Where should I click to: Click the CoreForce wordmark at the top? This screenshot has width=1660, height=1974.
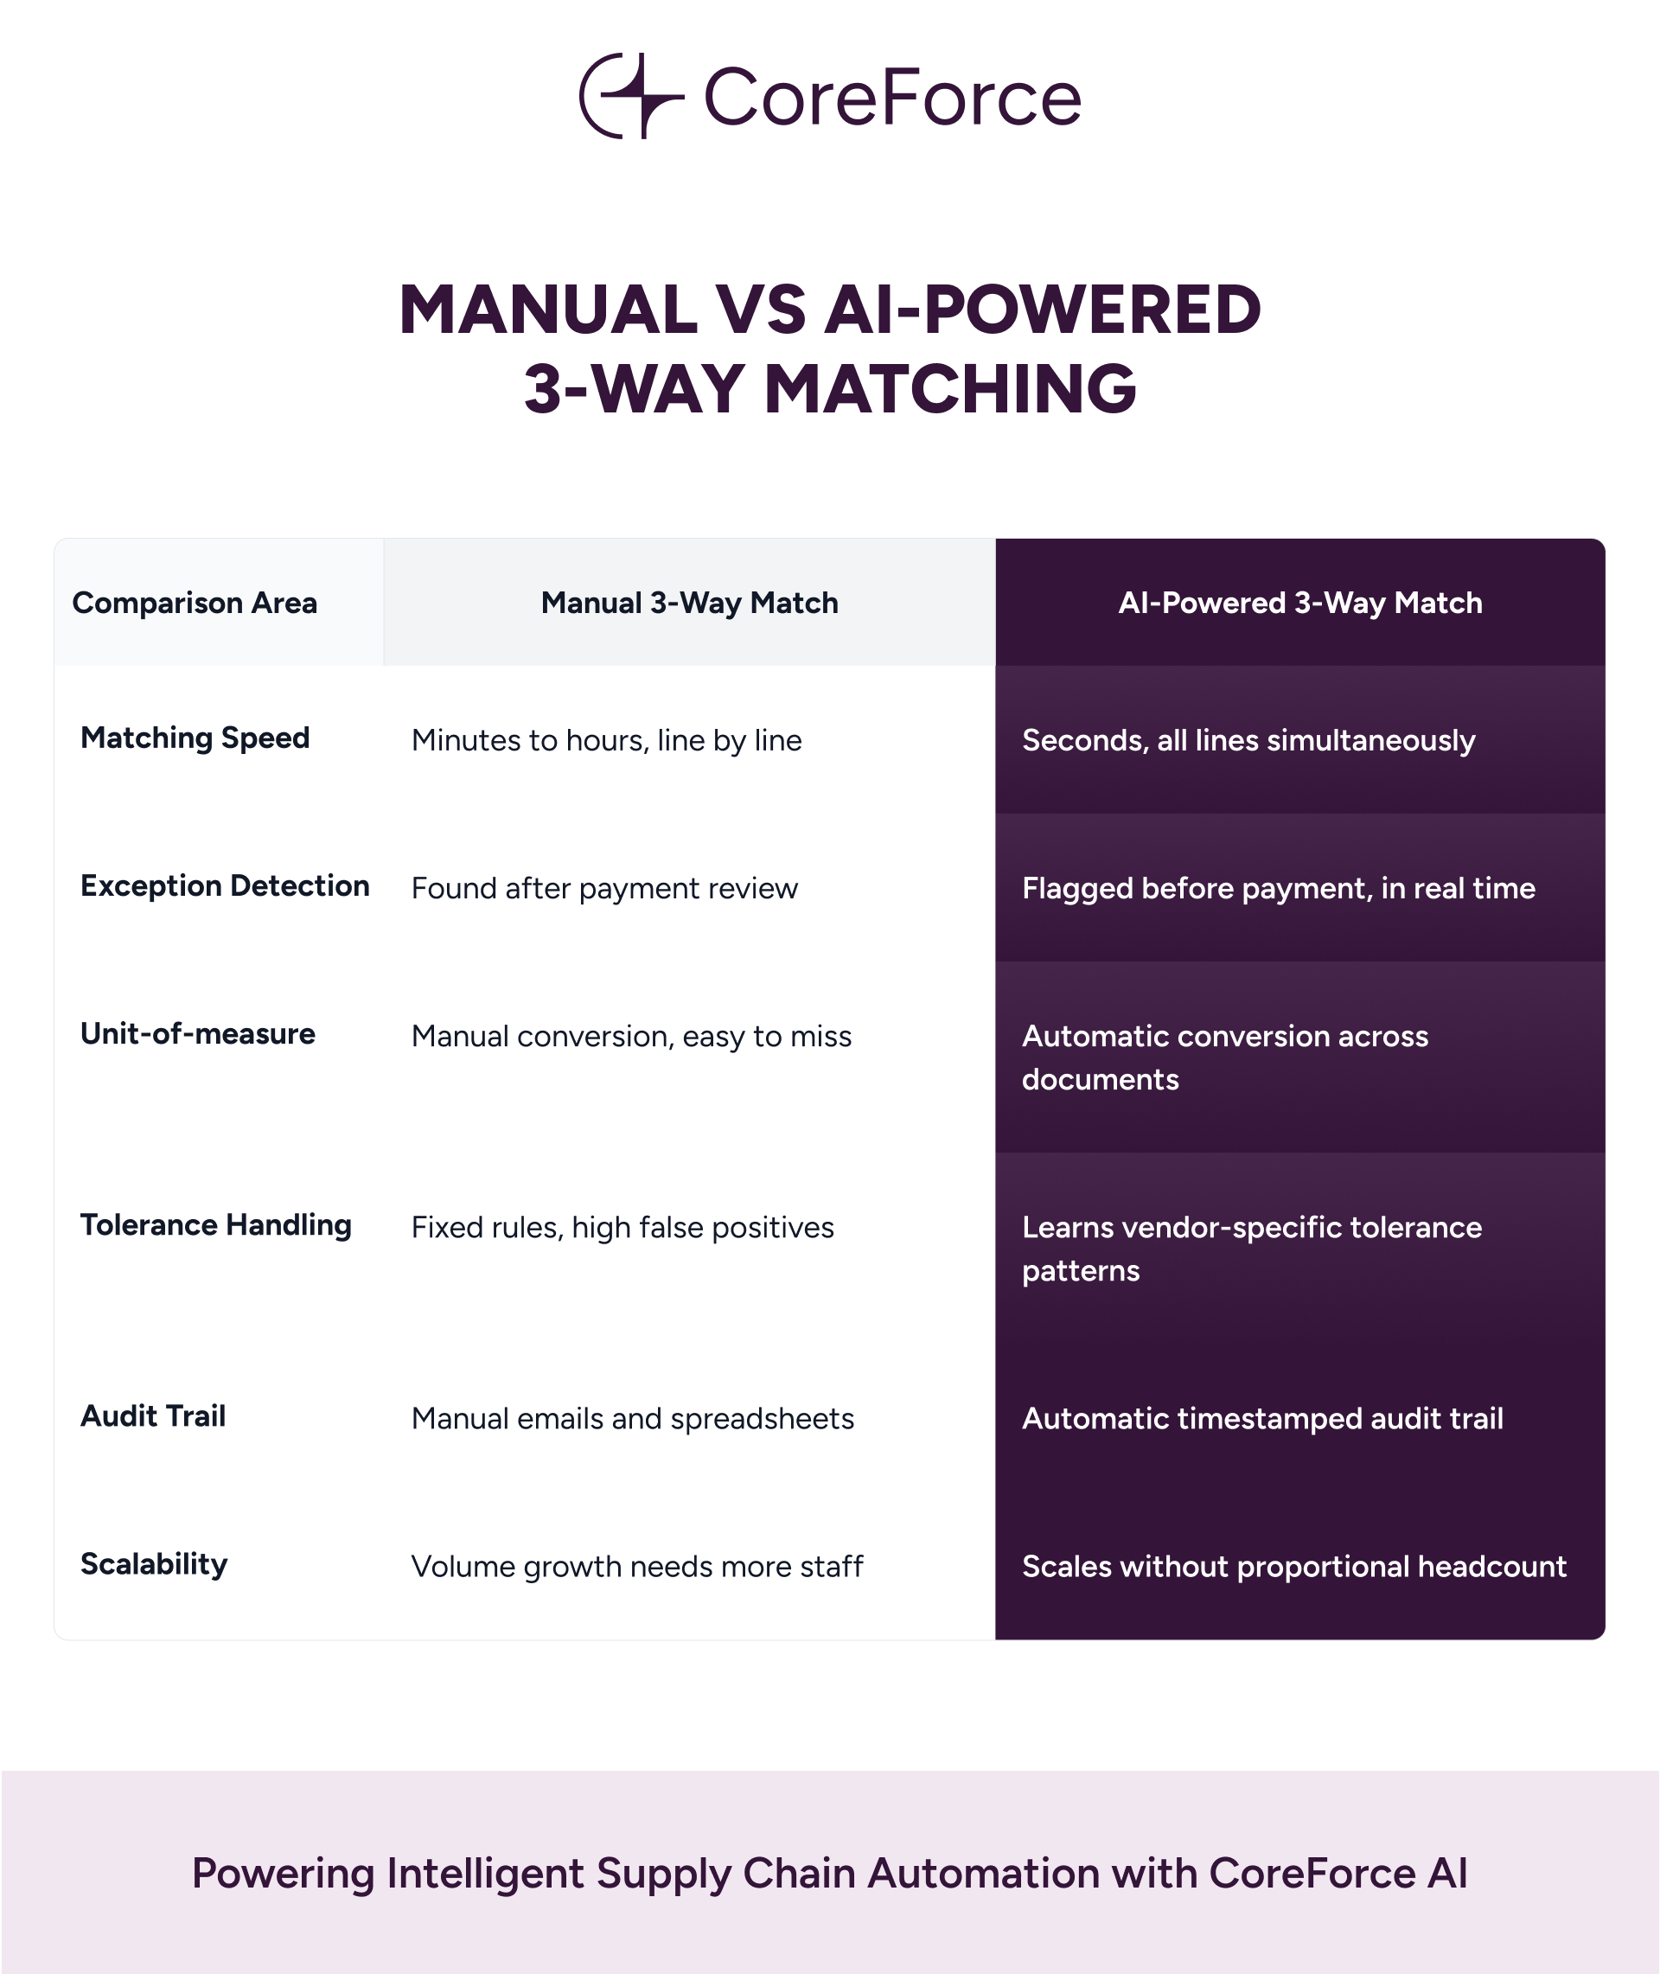point(893,97)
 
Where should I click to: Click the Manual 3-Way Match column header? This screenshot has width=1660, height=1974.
point(690,604)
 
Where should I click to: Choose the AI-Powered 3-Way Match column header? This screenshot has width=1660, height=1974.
point(1300,604)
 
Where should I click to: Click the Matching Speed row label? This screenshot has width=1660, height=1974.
point(195,738)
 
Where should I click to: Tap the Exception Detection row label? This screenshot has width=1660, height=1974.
point(225,885)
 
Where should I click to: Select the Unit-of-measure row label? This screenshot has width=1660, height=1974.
point(198,1033)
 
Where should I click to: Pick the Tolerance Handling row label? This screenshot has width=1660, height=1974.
point(215,1225)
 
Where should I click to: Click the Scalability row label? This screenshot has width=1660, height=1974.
point(155,1564)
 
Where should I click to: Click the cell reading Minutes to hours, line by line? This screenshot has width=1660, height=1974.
point(607,740)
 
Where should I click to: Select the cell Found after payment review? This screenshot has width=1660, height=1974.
point(605,888)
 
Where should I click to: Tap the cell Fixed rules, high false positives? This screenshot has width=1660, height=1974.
point(623,1227)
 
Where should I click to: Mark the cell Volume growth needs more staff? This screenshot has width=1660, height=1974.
point(637,1566)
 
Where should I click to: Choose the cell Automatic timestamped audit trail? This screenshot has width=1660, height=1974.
point(1263,1418)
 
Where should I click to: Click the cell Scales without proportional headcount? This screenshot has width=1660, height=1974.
point(1295,1566)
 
